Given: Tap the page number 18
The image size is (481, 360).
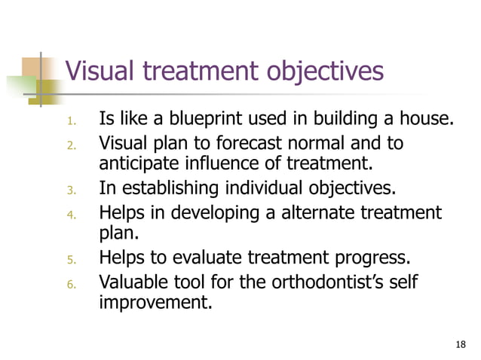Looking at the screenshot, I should (461, 344).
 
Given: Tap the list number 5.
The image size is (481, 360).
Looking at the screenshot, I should (72, 261).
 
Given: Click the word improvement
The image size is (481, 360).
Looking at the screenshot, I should (155, 304).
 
